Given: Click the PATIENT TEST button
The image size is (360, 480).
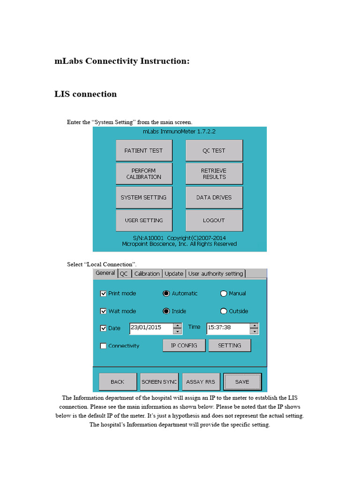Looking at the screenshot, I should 143,150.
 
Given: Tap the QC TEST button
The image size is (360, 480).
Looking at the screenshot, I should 214,150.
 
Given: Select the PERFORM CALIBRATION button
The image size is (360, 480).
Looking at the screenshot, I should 143,173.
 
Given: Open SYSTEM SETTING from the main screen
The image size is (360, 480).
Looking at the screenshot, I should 143,197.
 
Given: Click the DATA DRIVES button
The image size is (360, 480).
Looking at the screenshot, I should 214,197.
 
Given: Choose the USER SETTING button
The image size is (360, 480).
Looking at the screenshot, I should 143,220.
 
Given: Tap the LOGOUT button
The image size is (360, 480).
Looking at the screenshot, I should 214,220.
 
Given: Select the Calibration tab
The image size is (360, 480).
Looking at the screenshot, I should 147,274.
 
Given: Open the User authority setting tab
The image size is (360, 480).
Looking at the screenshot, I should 216,274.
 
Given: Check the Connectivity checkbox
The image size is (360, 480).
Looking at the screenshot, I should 104,346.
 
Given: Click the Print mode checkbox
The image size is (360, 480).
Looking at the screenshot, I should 104,293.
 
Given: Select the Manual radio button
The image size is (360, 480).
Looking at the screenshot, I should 224,293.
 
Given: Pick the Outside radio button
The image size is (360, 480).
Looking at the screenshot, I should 224,311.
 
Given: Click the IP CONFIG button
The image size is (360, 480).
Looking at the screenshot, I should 184,345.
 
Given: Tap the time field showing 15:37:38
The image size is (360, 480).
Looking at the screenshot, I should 228,328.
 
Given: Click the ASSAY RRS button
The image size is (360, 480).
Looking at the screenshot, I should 200,382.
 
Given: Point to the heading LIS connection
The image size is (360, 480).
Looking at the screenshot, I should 86,94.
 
